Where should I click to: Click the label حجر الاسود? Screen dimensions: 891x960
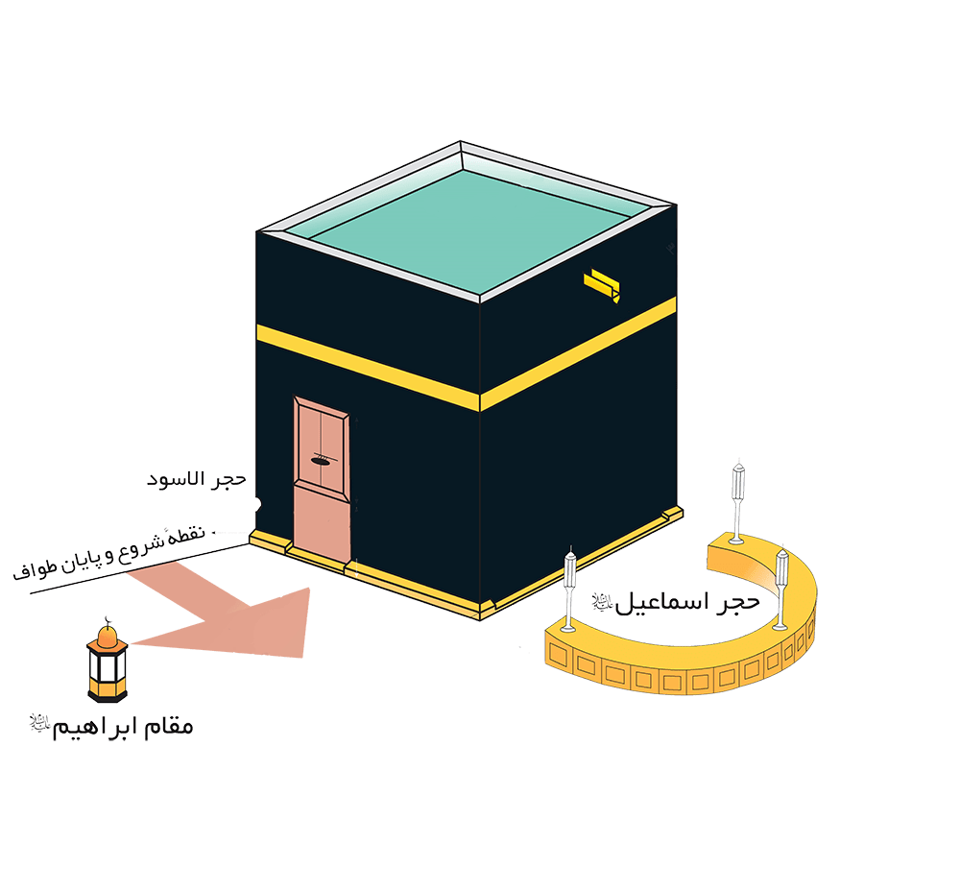click(x=197, y=478)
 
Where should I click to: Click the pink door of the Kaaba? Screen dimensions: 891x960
click(x=321, y=480)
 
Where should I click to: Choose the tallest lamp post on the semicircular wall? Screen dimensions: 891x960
click(x=738, y=499)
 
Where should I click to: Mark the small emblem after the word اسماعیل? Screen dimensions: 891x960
click(x=600, y=603)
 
